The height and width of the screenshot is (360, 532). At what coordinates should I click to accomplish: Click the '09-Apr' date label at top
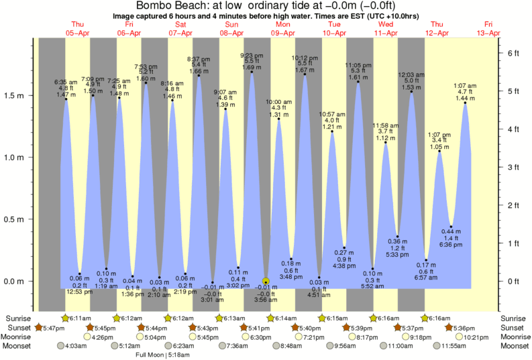coord(283,32)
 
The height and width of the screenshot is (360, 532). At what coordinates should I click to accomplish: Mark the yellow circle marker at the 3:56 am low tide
coord(266,282)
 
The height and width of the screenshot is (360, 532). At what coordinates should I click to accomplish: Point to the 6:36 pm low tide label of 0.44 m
coord(451,238)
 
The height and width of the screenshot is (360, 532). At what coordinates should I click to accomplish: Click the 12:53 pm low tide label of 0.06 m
coord(80,285)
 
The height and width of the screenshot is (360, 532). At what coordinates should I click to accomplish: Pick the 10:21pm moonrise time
coord(474,337)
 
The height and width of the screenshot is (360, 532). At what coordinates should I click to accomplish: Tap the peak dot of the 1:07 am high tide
coord(464,103)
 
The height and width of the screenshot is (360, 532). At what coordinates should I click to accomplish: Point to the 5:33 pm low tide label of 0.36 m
coord(398,247)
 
